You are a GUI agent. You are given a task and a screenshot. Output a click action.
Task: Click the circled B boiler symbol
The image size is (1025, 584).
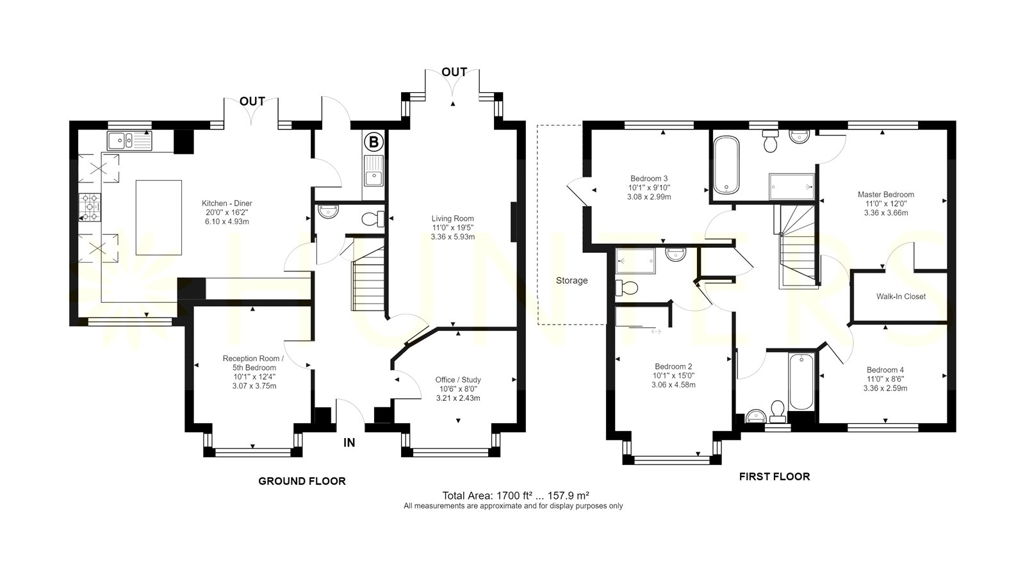click(x=374, y=142)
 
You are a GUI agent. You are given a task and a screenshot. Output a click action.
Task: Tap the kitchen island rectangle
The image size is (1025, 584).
click(x=159, y=218)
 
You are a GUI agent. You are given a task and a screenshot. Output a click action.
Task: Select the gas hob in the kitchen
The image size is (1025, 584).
click(x=90, y=207)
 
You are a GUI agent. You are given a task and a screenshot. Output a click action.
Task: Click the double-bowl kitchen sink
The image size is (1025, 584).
click(x=129, y=140)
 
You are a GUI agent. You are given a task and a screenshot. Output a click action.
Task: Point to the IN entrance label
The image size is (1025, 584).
click(x=349, y=442)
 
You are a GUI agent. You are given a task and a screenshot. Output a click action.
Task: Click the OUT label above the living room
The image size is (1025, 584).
click(x=454, y=72)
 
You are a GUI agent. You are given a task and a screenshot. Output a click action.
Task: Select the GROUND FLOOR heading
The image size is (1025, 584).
click(x=302, y=481)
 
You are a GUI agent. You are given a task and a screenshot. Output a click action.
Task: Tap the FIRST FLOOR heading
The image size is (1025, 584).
click(x=775, y=476)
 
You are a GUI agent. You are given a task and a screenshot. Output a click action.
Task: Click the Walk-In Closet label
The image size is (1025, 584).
click(x=901, y=296)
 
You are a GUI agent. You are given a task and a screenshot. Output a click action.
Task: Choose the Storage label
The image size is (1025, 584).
click(x=571, y=281)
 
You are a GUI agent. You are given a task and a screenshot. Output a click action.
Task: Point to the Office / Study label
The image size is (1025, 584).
click(x=458, y=380)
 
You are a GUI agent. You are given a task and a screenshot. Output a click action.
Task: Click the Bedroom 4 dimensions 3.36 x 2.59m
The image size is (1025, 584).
click(x=885, y=388)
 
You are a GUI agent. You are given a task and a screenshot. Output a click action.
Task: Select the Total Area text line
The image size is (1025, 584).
click(x=516, y=495)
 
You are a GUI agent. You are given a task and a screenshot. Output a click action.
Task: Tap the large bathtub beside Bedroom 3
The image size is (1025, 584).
click(x=726, y=165)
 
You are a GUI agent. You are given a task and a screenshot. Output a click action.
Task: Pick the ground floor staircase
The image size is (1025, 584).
click(x=368, y=279)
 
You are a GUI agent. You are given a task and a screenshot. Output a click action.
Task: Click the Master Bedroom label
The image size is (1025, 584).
click(x=886, y=195)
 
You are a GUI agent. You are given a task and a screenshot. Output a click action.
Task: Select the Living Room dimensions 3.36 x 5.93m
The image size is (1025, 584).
click(x=452, y=237)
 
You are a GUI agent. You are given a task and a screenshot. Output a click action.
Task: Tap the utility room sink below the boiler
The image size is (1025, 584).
click(x=374, y=170)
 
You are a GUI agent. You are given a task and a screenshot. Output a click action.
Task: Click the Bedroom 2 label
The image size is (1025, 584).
click(x=673, y=366)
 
